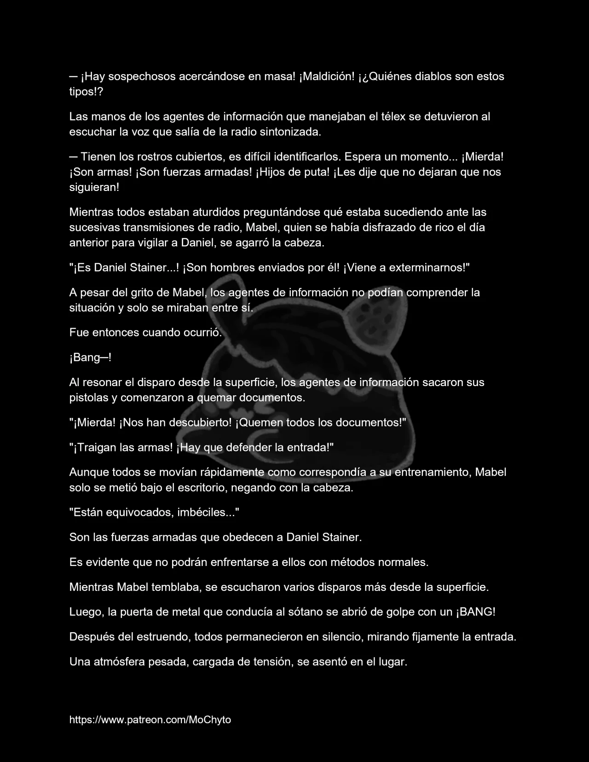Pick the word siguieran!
(94, 188)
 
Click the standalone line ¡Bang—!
(90, 358)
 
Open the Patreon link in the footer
(150, 720)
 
